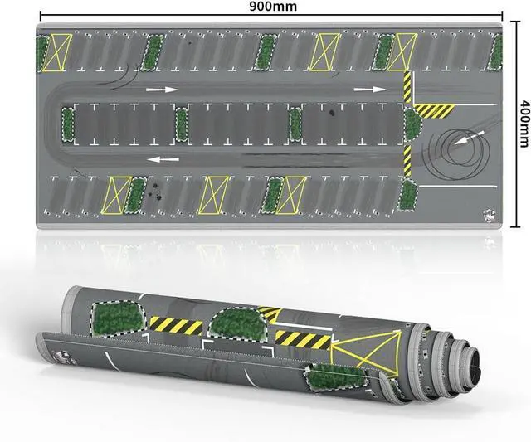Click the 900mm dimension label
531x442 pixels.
pyautogui.click(x=273, y=6)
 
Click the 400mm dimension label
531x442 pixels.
pyautogui.click(x=524, y=124)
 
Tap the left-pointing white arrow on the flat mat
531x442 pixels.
pyautogui.click(x=164, y=158)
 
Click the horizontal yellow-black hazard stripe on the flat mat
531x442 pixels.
pyautogui.click(x=435, y=111)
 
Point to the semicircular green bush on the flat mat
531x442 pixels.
pyautogui.click(x=413, y=125)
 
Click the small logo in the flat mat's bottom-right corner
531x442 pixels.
pyautogui.click(x=490, y=216)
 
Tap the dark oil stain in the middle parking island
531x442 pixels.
pyautogui.click(x=330, y=113)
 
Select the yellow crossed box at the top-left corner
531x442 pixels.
pyautogui.click(x=57, y=53)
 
